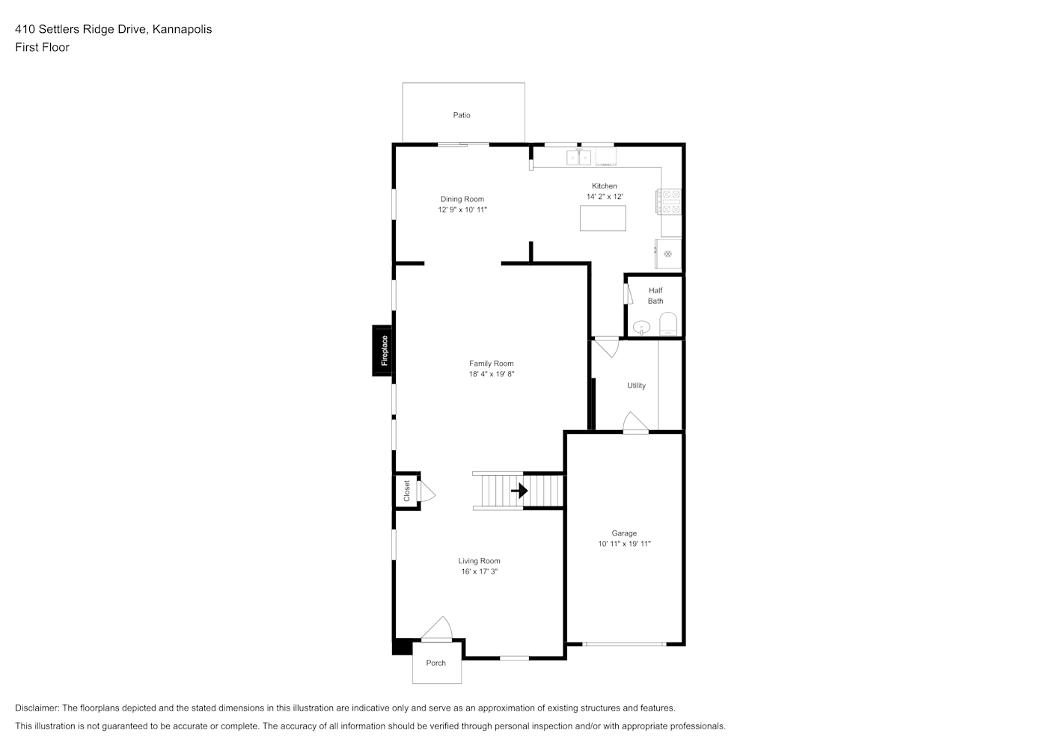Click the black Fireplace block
(382, 350)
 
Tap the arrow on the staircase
(519, 491)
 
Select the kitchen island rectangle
(602, 218)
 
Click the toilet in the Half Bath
(668, 324)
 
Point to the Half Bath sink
(641, 327)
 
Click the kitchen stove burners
(668, 202)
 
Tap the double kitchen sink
(578, 157)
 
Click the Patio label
(462, 115)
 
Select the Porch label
(436, 663)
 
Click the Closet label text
(407, 491)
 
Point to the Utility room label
(636, 386)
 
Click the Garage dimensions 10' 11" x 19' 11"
(625, 544)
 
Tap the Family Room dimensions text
(491, 374)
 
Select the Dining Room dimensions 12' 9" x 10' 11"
(462, 209)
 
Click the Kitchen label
(605, 186)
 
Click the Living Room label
(479, 561)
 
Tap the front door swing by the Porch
(438, 629)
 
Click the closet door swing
(426, 491)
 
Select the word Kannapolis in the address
(182, 29)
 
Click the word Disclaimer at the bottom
(37, 708)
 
